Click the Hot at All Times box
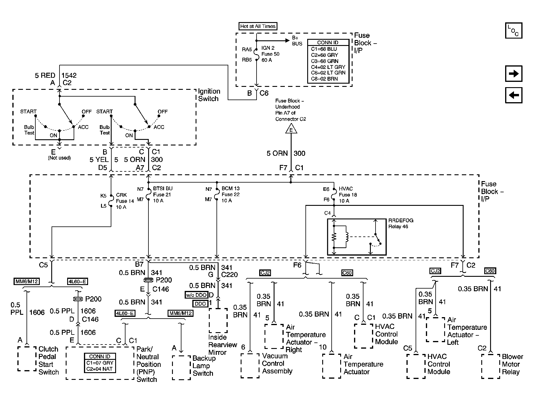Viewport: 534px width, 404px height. click(x=258, y=26)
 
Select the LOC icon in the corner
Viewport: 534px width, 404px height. click(x=513, y=30)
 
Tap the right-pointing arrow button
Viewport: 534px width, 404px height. click(x=514, y=74)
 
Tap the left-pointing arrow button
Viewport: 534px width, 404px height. click(x=514, y=95)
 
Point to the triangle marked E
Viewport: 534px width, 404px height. click(x=291, y=129)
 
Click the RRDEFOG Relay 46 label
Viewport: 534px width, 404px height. click(x=401, y=223)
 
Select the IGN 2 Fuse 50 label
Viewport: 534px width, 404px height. click(x=270, y=54)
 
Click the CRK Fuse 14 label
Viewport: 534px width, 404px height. click(x=125, y=201)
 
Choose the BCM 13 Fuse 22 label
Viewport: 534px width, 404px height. click(x=230, y=194)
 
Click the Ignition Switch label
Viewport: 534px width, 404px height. click(x=209, y=95)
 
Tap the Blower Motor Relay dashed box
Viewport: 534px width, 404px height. click(x=490, y=366)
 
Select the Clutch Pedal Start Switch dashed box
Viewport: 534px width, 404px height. click(x=27, y=358)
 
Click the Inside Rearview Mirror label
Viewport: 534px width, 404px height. click(x=222, y=345)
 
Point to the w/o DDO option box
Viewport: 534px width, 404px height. click(x=196, y=295)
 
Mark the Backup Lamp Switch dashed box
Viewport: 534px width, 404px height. click(x=181, y=367)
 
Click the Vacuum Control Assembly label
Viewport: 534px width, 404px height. click(x=277, y=363)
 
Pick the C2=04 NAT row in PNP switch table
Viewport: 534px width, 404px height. click(x=100, y=369)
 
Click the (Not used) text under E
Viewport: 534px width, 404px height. click(x=59, y=158)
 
